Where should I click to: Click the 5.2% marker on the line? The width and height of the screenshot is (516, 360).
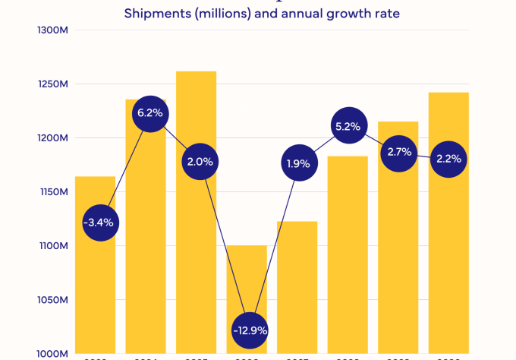coord(348,127)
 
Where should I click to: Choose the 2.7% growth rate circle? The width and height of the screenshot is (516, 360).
coord(398,152)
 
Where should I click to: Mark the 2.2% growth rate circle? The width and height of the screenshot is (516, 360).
coord(449,159)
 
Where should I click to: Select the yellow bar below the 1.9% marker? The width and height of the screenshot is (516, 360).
coord(297,289)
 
